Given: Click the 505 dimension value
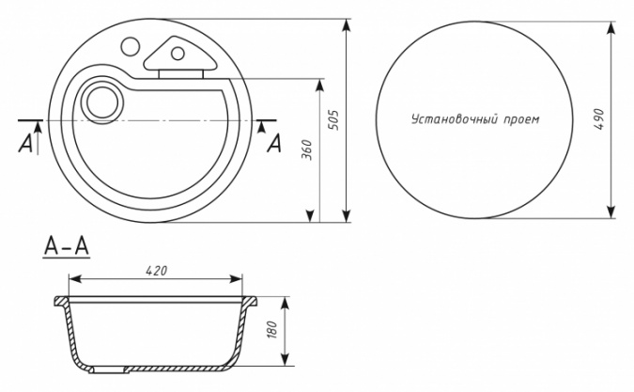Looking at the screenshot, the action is [333, 120].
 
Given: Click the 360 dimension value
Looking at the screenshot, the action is [308, 149].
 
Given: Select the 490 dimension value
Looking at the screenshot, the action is [599, 119].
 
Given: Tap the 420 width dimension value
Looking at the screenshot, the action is [157, 271].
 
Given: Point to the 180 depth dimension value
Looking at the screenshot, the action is [272, 330].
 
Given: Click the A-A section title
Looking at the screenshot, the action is [67, 246].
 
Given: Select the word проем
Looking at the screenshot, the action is [522, 120].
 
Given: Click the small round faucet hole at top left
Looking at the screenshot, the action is [131, 46].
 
